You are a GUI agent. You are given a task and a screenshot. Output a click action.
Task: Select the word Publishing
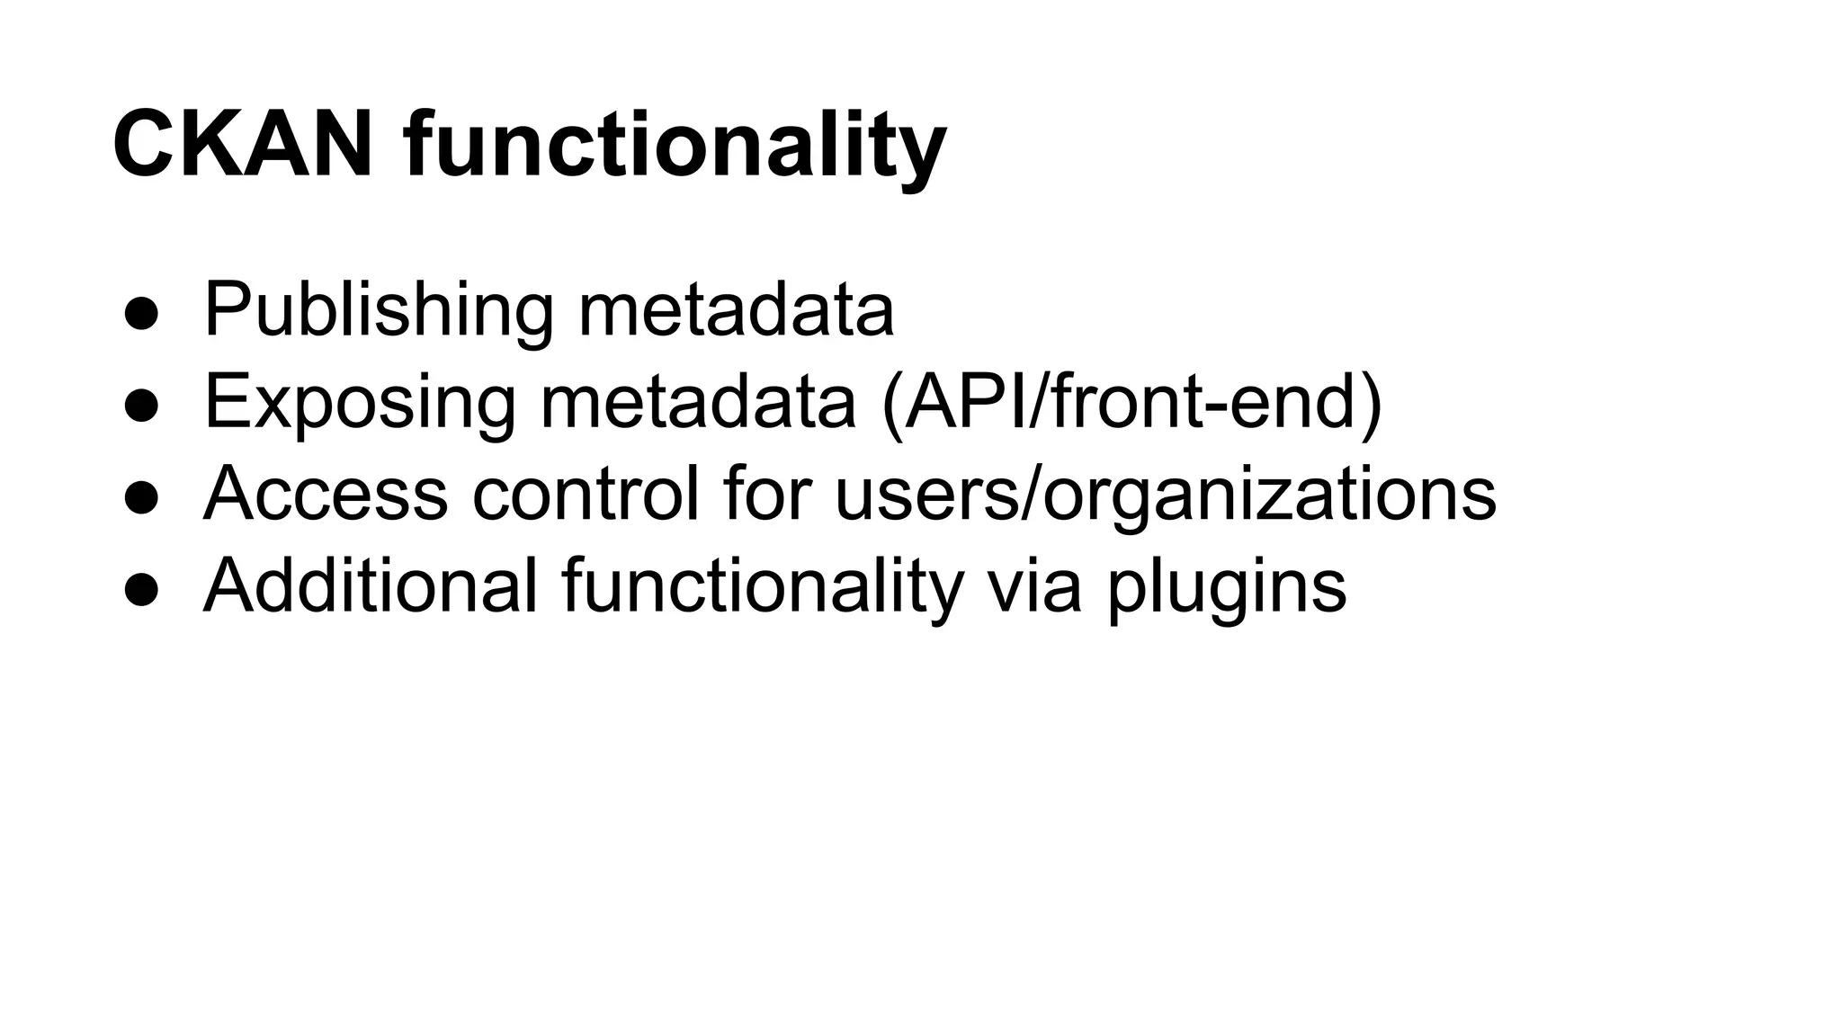pyautogui.click(x=379, y=311)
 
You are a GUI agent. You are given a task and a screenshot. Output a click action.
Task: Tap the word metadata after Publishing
pyautogui.click(x=736, y=311)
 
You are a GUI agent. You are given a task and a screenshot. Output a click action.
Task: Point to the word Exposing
pyautogui.click(x=360, y=403)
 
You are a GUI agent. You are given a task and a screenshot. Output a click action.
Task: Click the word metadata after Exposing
pyautogui.click(x=698, y=403)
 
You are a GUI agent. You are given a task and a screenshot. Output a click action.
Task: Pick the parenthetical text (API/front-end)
pyautogui.click(x=1132, y=403)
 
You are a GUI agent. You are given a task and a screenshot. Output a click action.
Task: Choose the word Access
pyautogui.click(x=326, y=494)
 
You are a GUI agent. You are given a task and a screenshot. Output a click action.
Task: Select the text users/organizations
pyautogui.click(x=1166, y=494)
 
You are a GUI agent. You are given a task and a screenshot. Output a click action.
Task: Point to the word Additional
pyautogui.click(x=371, y=586)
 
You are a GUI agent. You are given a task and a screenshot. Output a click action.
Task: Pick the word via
pyautogui.click(x=1034, y=586)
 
